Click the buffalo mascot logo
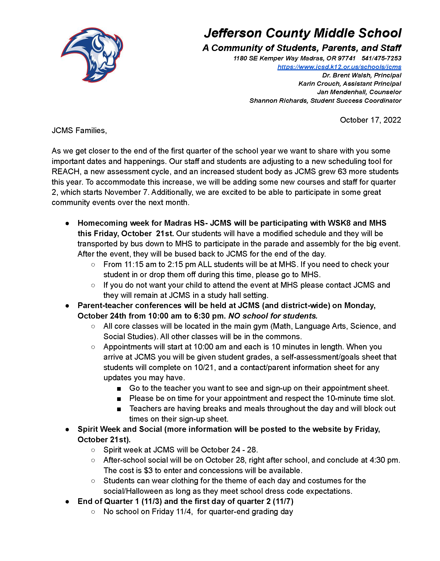[92, 55]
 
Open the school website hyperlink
[339, 67]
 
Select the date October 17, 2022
[370, 120]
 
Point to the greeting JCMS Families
[79, 131]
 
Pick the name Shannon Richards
[278, 101]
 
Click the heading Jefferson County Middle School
[303, 33]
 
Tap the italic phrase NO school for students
[273, 316]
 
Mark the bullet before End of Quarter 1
[67, 502]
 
